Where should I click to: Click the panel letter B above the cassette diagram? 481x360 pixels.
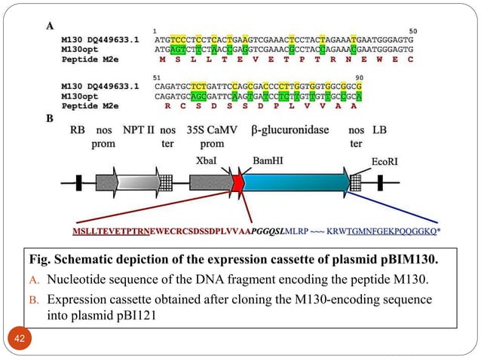click(x=50, y=118)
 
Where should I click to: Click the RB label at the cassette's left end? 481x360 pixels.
click(x=78, y=130)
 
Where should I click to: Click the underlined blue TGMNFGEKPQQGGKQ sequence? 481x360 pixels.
click(x=393, y=231)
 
